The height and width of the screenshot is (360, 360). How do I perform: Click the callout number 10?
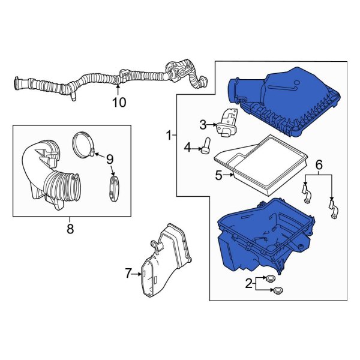coord(119,103)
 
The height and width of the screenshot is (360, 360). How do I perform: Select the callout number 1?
coord(169,136)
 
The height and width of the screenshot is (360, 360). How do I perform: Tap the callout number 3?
coord(203,124)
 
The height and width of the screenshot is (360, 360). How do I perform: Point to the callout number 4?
coord(187,147)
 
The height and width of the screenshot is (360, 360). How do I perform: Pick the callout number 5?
coord(219,175)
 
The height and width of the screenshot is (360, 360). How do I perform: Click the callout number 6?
coord(319,164)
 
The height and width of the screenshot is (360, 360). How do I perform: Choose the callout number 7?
coord(128,274)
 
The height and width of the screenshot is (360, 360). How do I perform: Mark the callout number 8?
coord(70,228)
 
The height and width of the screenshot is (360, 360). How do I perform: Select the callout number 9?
coord(109,159)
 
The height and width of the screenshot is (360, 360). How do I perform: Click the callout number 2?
coord(249,284)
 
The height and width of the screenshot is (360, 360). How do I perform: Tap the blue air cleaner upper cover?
coord(282,99)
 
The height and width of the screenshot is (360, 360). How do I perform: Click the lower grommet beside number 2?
coord(277,292)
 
